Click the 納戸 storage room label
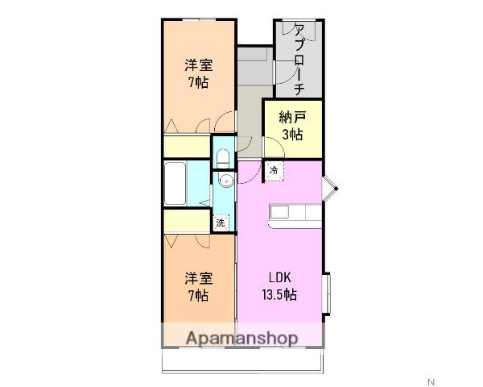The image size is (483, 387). click(292, 117)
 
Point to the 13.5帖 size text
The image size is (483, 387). click(279, 294)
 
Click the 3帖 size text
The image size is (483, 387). click(292, 134)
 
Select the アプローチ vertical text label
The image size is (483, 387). click(299, 60)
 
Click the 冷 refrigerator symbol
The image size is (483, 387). click(275, 171)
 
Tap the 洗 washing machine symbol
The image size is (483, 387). click(220, 223)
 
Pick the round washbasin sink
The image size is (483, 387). click(225, 180)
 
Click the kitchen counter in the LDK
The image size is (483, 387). click(295, 213)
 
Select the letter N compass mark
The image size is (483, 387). click(430, 381)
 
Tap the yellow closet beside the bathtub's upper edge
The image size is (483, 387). click(187, 148)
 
